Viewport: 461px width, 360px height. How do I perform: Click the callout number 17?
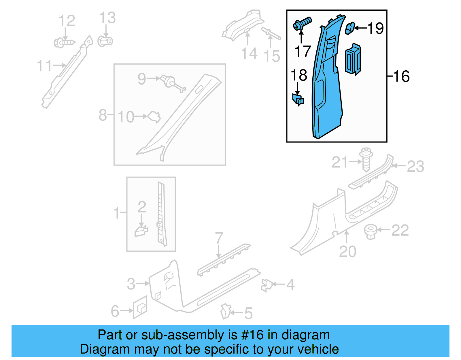(x=303, y=51)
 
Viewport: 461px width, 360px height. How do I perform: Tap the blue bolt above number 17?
(x=302, y=24)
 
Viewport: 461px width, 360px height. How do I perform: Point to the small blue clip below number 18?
(x=298, y=99)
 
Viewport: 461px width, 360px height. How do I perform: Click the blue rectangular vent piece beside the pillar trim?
(x=353, y=59)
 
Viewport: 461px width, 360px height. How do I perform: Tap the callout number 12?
(x=67, y=20)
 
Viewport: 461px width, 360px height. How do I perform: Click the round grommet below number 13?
(x=105, y=41)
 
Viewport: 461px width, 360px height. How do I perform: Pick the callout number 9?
(x=142, y=79)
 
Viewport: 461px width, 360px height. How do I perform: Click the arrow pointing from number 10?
(x=141, y=116)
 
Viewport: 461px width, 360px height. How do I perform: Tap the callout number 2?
(x=142, y=207)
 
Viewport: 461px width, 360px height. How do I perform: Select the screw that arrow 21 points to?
(x=366, y=159)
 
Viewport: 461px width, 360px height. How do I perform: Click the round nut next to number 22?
(x=371, y=232)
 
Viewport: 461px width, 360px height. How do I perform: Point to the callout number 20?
(x=347, y=252)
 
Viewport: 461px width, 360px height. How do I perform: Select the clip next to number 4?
(x=267, y=285)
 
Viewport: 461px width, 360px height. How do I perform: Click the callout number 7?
(x=219, y=238)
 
